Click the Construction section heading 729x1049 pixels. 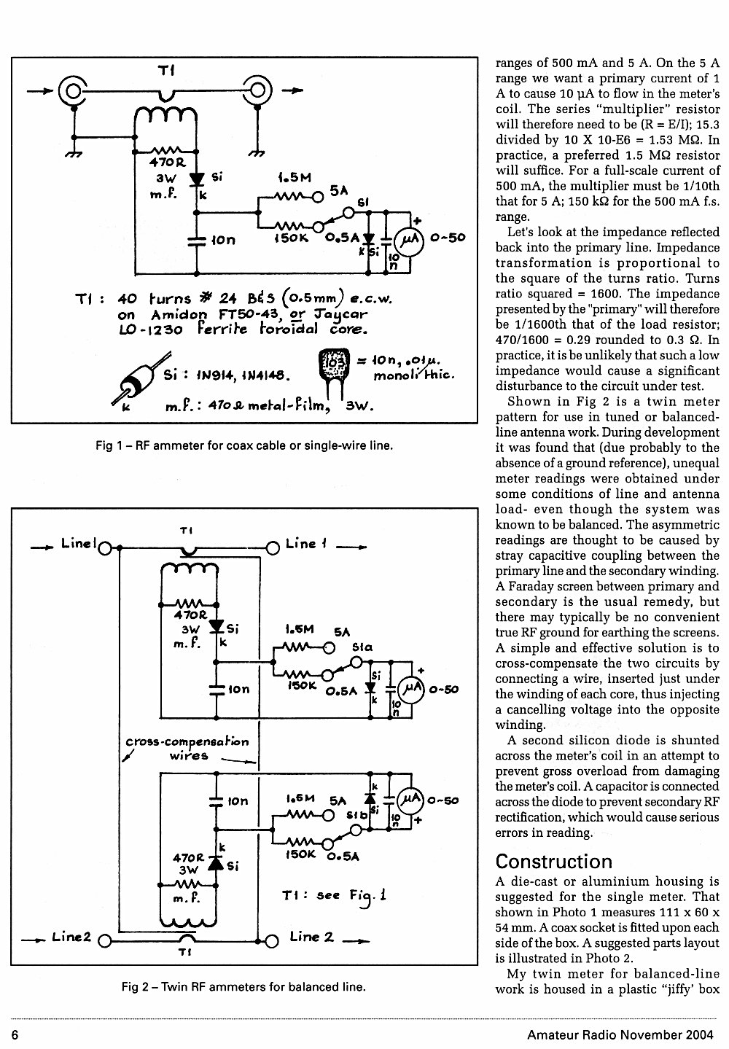[553, 861]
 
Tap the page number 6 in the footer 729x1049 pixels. [15, 1034]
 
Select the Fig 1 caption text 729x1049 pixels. [244, 445]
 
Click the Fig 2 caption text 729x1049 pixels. [243, 987]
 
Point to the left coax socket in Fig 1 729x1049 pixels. [73, 91]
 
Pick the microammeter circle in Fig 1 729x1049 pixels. [409, 241]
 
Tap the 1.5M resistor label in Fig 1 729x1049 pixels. [294, 178]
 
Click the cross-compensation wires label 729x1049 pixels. [187, 749]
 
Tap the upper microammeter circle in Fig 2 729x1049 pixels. [411, 688]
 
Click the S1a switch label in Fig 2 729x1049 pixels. [362, 647]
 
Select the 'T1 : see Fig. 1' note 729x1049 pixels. [335, 896]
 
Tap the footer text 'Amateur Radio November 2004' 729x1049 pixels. [620, 1034]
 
